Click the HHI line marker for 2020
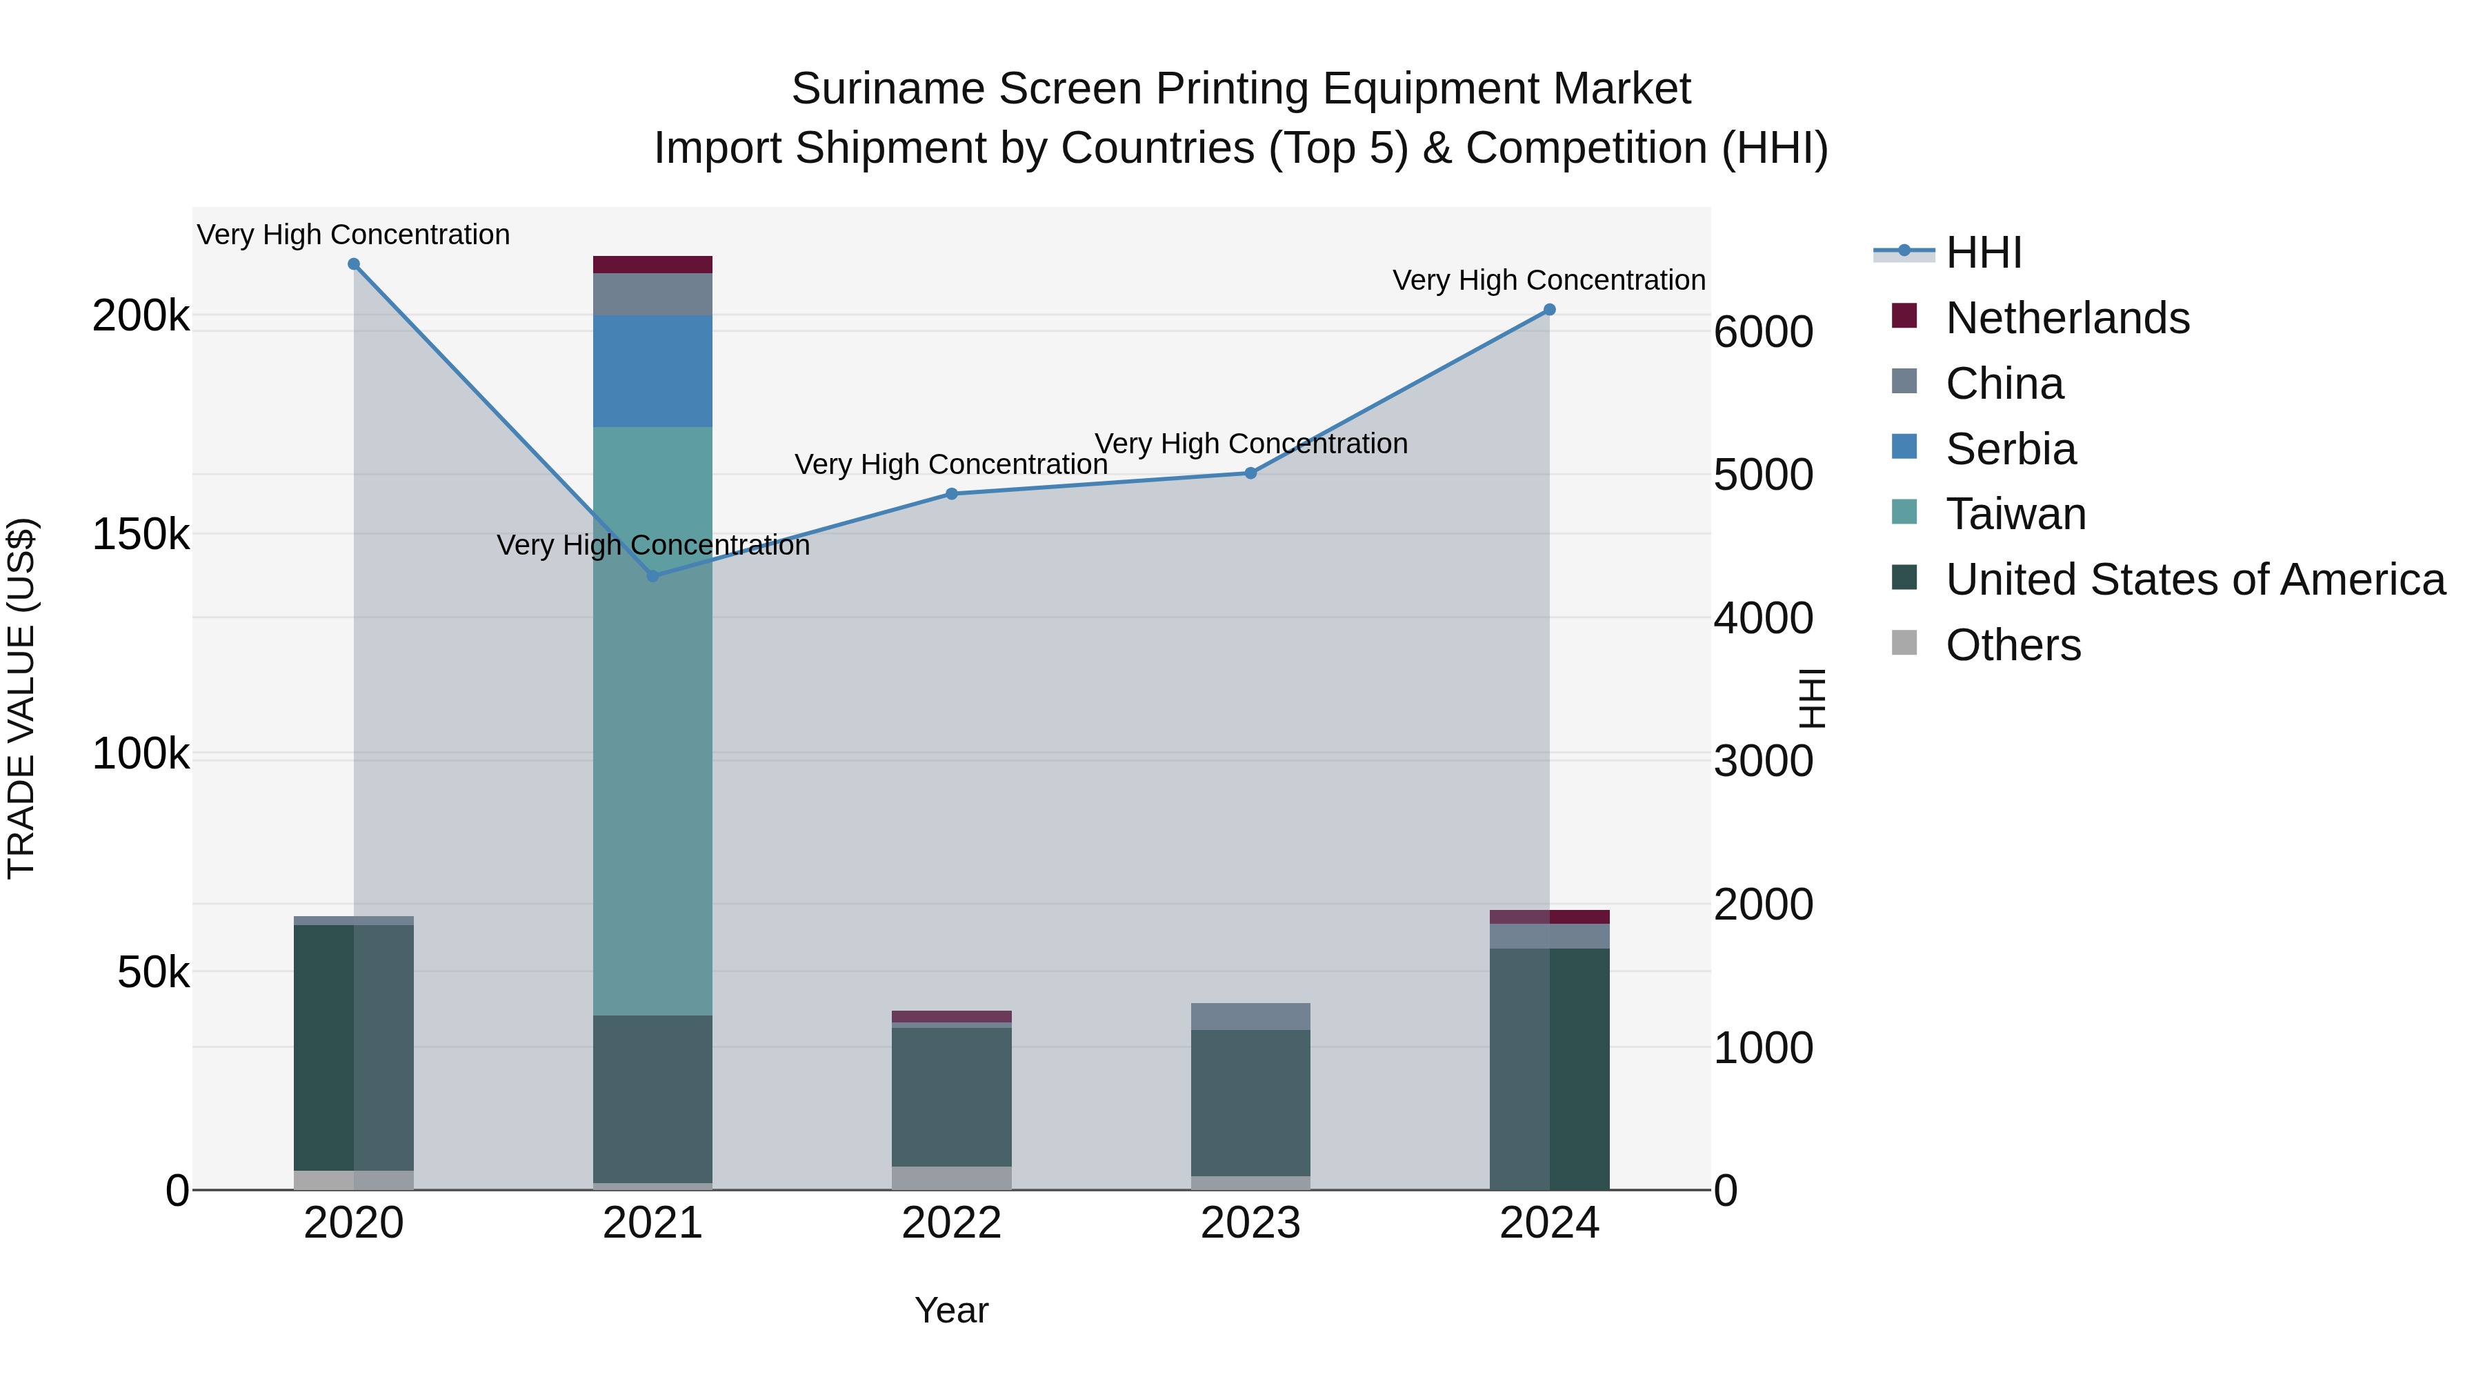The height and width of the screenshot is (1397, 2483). coord(354,264)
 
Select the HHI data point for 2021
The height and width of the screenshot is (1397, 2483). coord(652,575)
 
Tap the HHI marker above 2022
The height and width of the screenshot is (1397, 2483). coord(951,494)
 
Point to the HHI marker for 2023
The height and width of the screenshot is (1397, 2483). coord(1250,473)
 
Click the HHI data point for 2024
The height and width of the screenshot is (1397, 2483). coord(1549,310)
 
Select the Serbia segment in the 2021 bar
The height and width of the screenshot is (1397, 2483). coord(652,371)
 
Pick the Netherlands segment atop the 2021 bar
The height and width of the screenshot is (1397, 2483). coord(652,264)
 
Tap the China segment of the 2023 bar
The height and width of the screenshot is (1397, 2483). coord(1250,1016)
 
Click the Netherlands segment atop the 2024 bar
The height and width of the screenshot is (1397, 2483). coord(1549,917)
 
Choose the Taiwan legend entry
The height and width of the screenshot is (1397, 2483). coord(2015,514)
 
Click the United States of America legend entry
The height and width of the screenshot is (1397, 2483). coord(2195,579)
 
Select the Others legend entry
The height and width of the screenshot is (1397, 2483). coord(2013,645)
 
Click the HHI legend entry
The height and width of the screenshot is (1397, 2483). coord(1983,252)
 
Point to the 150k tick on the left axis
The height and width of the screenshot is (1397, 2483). coord(141,534)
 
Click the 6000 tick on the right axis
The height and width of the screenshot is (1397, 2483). coord(1763,332)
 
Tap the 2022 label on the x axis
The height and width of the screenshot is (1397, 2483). coord(951,1223)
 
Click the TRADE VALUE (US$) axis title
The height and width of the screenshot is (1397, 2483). coord(22,698)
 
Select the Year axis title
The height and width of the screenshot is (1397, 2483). coord(951,1310)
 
